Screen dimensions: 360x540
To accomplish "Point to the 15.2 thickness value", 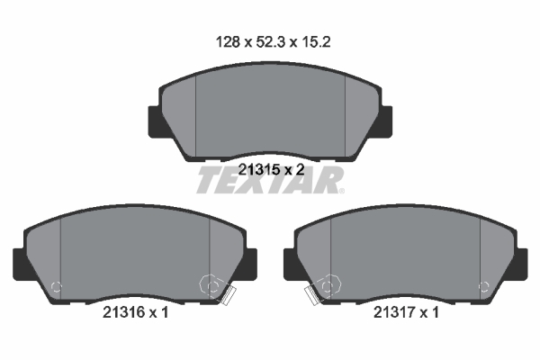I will click(321, 41).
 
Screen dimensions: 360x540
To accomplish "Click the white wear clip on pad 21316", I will click(229, 295).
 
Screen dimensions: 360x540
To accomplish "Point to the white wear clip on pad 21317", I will click(310, 295).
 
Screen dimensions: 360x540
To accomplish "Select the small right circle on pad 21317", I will click(483, 288).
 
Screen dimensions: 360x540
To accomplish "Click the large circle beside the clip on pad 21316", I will click(214, 286).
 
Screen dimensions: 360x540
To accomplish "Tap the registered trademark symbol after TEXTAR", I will click(341, 190).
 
